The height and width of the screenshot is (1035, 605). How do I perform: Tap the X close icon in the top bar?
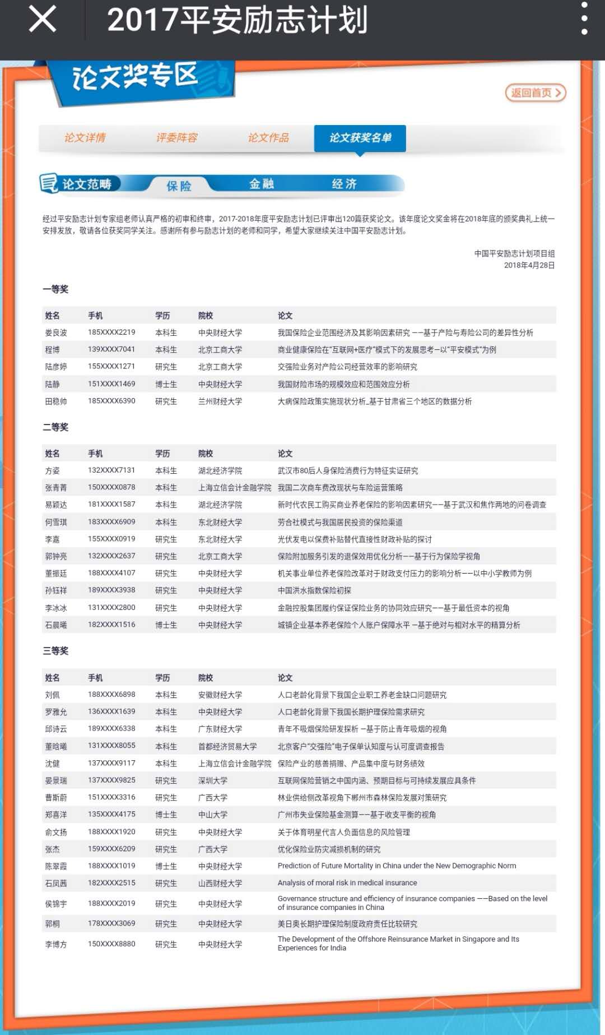[43, 19]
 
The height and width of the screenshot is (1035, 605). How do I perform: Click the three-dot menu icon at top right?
[584, 19]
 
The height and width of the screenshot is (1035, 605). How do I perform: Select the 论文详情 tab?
[85, 138]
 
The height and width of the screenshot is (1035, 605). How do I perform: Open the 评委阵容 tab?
[177, 138]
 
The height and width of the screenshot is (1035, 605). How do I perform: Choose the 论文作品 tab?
[269, 138]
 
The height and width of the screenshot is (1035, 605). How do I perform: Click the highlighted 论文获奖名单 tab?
[360, 138]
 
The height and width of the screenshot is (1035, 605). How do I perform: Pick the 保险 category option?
[179, 186]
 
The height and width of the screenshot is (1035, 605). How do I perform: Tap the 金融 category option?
[262, 184]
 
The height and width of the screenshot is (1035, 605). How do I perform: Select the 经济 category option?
[344, 184]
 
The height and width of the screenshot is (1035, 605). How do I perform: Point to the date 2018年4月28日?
[529, 265]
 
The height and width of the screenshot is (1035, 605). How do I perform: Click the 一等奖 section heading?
[55, 289]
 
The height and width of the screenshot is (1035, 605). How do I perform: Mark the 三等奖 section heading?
[55, 651]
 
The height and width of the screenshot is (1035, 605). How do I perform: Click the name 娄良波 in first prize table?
[56, 332]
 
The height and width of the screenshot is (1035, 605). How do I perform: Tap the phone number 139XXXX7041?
[111, 349]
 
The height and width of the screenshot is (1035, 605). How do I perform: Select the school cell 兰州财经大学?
[220, 401]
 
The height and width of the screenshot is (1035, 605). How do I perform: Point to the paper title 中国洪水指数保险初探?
[314, 590]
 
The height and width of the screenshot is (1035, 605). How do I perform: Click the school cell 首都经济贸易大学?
[227, 746]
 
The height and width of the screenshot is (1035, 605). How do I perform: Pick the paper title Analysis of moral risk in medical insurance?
[347, 883]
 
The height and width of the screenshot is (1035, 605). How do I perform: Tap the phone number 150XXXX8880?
[111, 944]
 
